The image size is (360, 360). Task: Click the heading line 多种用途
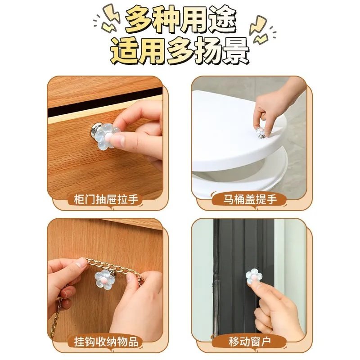tap(180, 20)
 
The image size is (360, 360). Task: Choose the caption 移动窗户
tap(250, 341)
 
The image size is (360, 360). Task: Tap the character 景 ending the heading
tap(234, 52)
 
